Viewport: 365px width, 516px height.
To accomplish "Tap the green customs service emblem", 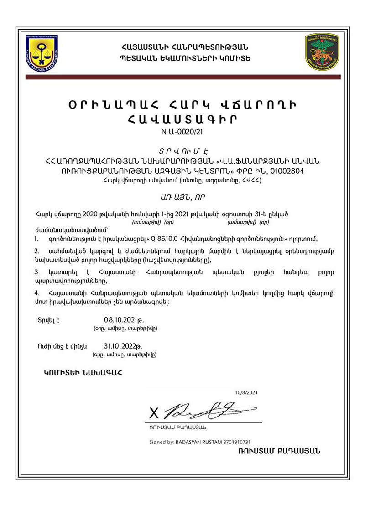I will (322, 52).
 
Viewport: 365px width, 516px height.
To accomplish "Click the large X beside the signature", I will (154, 413).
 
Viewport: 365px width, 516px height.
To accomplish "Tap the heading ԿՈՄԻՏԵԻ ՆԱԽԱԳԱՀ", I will (83, 373).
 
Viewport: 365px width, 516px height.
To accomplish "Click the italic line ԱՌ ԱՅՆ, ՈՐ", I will (182, 197).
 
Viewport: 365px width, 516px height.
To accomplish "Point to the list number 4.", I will (37, 292).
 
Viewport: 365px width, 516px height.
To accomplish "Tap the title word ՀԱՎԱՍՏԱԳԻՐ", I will (182, 120).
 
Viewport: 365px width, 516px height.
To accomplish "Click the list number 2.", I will (37, 251).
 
